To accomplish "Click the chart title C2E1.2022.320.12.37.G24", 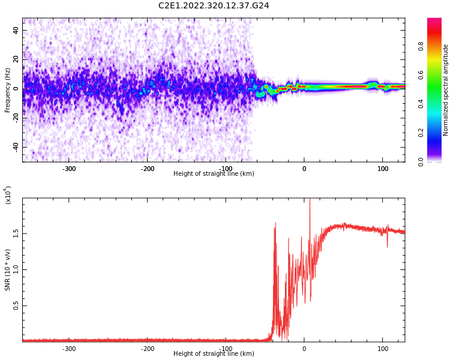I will click(x=214, y=6).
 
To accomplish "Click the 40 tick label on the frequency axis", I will click(x=16, y=30).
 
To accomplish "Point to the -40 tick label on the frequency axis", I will click(x=14, y=147).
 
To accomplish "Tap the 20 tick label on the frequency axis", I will click(x=16, y=59).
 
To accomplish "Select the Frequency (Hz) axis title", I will click(x=8, y=90).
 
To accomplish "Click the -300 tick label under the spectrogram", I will click(x=69, y=169).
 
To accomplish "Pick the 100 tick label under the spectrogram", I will click(x=383, y=169).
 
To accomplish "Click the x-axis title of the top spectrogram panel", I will click(x=214, y=174).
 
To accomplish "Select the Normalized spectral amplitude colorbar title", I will click(x=446, y=90).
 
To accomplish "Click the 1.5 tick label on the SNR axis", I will click(x=16, y=233).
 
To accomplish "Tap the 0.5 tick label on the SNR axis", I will click(x=16, y=306).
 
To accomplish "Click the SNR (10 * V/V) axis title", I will click(x=8, y=269).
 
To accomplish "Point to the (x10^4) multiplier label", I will click(x=8, y=196).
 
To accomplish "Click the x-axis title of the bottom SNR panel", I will click(x=214, y=354).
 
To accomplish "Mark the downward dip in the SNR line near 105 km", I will click(x=387, y=245).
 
